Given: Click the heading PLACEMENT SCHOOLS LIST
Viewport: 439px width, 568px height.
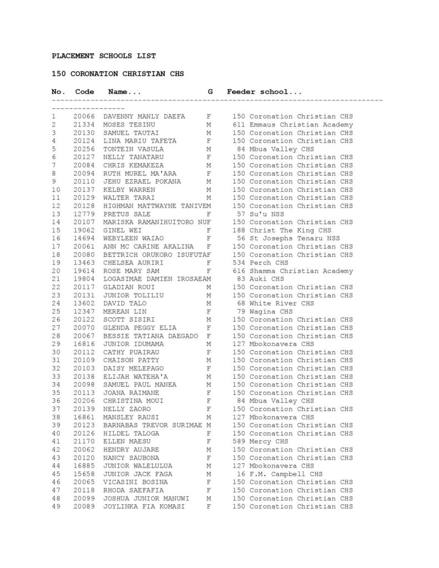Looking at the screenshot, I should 104,56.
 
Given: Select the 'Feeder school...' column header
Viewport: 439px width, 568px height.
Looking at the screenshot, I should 264,92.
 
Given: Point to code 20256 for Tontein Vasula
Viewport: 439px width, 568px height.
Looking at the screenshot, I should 84,149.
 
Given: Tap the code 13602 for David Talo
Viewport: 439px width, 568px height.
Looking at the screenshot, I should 84,303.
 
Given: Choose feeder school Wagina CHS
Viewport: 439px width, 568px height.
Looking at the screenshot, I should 263,312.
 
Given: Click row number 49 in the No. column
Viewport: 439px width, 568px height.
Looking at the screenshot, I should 55,506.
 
